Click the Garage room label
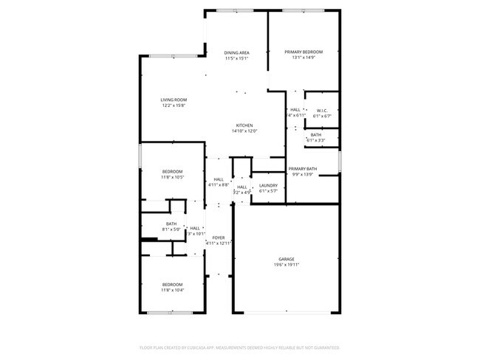point(287,259)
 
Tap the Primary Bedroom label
point(304,52)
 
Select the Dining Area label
point(236,52)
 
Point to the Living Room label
point(174,100)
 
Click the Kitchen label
point(245,125)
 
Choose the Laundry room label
point(268,185)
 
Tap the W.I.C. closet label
point(322,111)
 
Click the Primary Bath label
point(303,169)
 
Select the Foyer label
point(219,238)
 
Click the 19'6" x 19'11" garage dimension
point(287,265)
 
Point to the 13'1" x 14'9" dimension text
point(304,58)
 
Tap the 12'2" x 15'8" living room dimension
point(174,105)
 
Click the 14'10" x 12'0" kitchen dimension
point(245,131)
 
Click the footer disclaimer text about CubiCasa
point(240,347)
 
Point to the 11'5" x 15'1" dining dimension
point(236,58)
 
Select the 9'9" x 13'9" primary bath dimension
point(303,175)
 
